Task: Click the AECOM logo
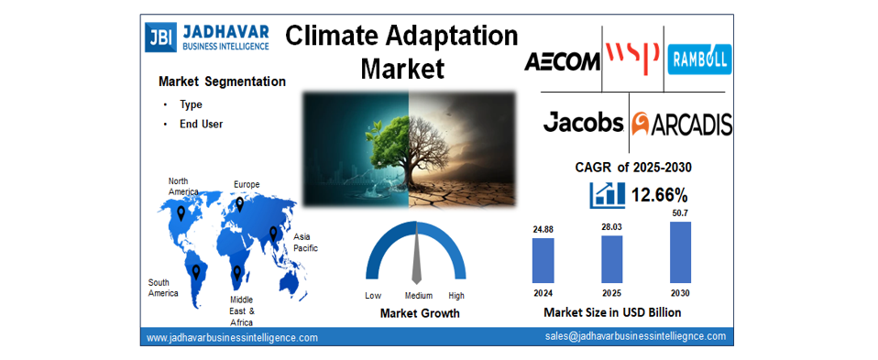click(562, 61)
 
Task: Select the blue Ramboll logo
click(699, 60)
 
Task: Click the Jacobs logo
click(583, 122)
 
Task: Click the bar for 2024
click(543, 260)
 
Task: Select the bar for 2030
click(680, 252)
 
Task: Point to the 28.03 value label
click(611, 226)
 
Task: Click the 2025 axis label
click(611, 293)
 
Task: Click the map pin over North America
click(181, 213)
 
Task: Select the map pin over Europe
click(240, 204)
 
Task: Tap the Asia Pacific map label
click(304, 242)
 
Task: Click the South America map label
click(163, 287)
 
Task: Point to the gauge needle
click(416, 256)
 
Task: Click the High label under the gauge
click(455, 296)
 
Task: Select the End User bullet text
click(201, 124)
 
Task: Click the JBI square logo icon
click(159, 37)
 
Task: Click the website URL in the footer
click(232, 337)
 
